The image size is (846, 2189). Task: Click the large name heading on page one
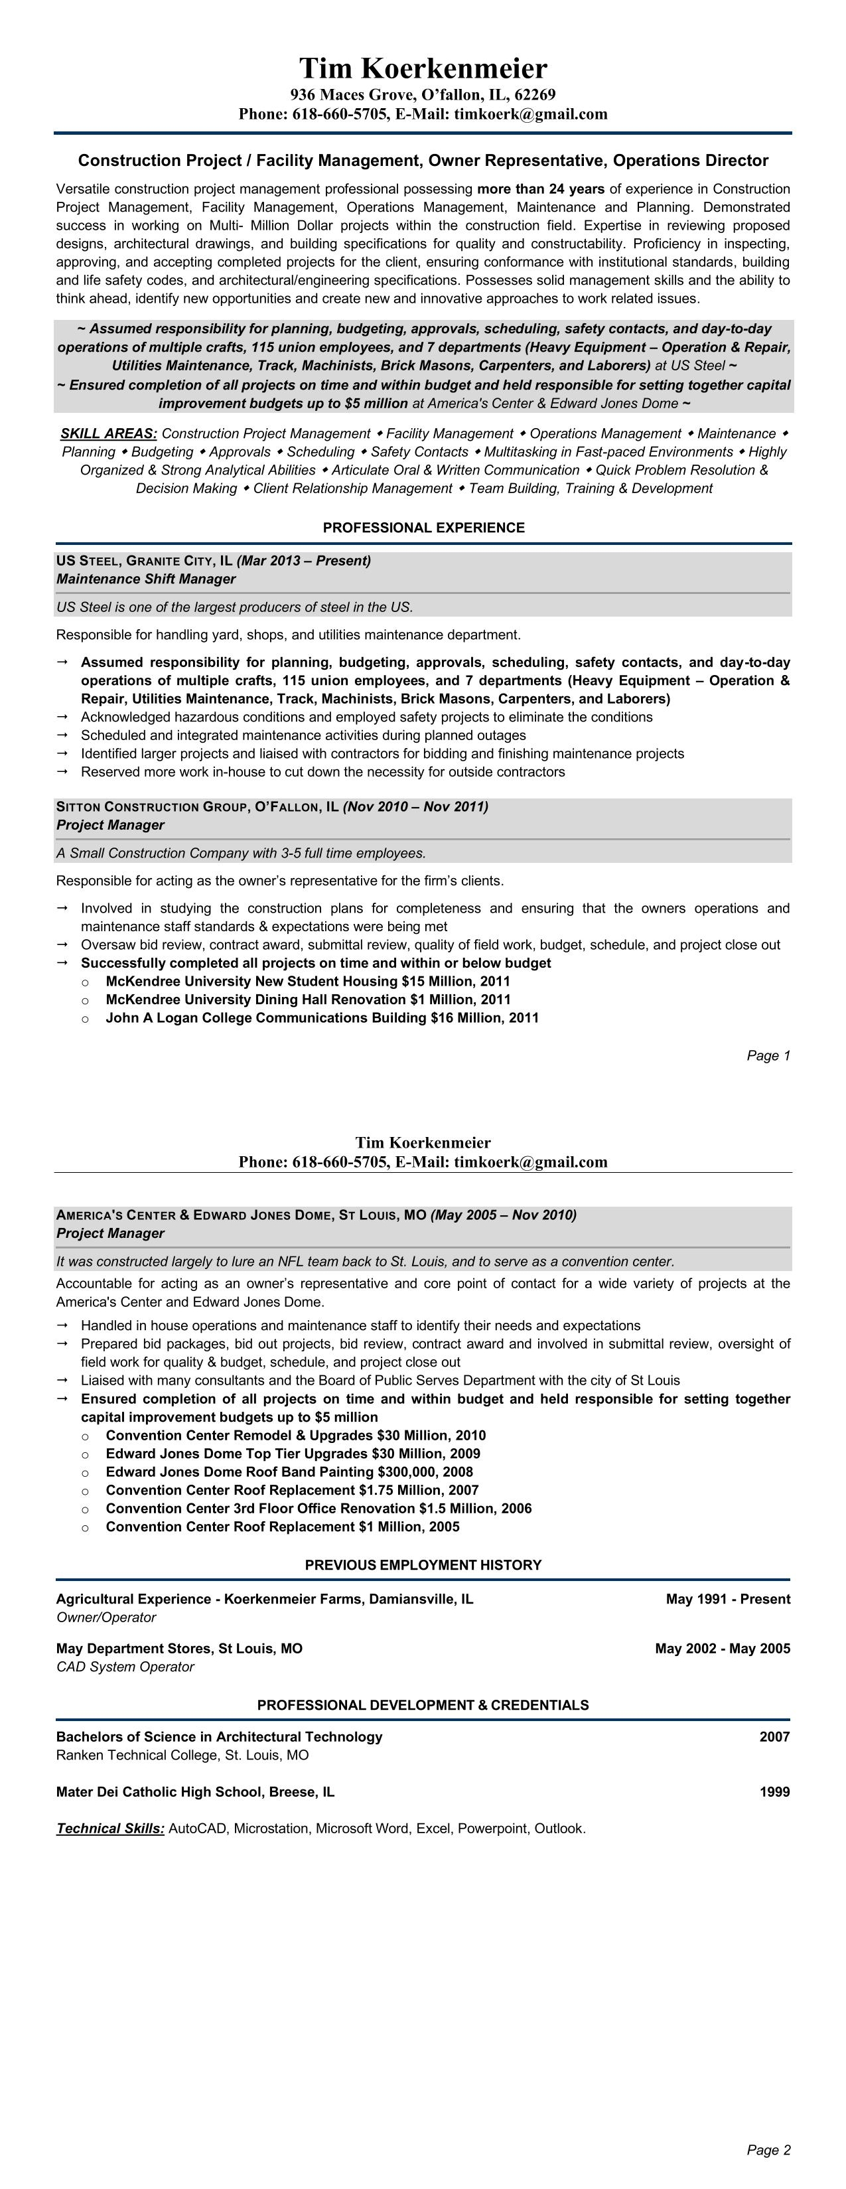[423, 68]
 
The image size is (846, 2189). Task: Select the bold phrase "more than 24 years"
[541, 189]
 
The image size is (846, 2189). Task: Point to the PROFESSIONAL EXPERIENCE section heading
[423, 528]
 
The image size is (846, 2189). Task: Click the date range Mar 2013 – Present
[303, 561]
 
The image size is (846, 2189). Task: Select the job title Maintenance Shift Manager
[146, 579]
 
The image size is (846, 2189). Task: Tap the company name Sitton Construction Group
[152, 806]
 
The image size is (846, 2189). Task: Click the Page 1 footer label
[768, 1055]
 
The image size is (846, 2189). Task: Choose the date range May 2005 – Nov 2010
[504, 1215]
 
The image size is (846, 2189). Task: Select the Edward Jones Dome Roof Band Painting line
[289, 1472]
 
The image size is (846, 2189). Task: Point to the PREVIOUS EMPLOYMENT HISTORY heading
[423, 1564]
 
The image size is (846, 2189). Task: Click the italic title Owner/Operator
[106, 1617]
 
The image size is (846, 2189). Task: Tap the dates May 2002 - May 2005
[722, 1649]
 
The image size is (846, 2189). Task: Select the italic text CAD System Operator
[125, 1667]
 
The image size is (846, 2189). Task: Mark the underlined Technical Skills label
[110, 1828]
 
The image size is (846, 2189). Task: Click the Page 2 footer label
[768, 2150]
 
